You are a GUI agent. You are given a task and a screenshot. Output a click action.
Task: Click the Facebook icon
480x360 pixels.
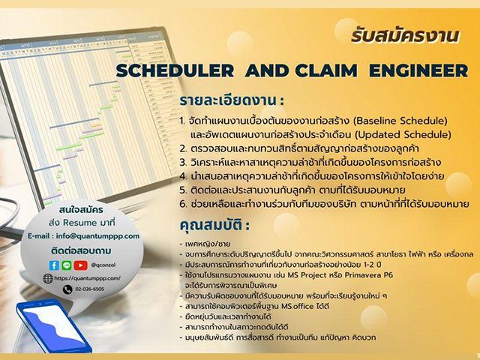tap(54, 265)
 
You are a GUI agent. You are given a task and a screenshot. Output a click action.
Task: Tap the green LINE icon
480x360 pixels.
tap(67, 265)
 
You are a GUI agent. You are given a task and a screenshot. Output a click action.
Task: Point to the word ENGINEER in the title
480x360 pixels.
tap(422, 71)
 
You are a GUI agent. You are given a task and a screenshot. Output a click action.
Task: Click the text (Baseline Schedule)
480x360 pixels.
tap(394, 121)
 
